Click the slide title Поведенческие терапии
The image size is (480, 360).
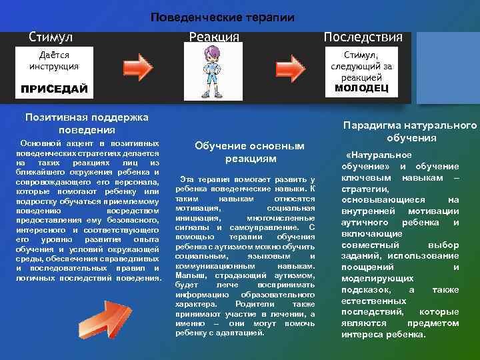tap(221, 17)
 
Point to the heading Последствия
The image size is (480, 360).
tap(363, 36)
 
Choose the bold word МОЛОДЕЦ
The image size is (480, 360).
tap(362, 88)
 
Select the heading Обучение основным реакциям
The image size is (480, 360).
tap(249, 152)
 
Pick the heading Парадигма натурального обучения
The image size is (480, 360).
tap(410, 131)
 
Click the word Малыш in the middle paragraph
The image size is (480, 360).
tap(190, 275)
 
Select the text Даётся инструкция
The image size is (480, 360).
tap(53, 60)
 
